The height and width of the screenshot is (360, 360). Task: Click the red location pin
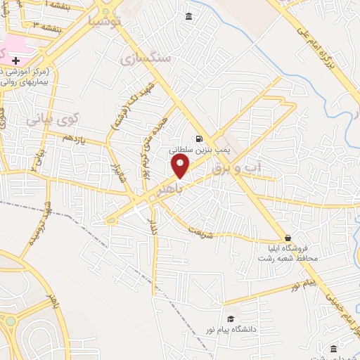click(x=181, y=165)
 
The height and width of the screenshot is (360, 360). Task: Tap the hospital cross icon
click(x=15, y=61)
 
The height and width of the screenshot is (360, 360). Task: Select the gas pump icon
click(x=200, y=139)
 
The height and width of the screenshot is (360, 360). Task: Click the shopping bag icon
click(x=288, y=238)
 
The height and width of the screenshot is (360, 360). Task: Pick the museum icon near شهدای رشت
click(x=333, y=349)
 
